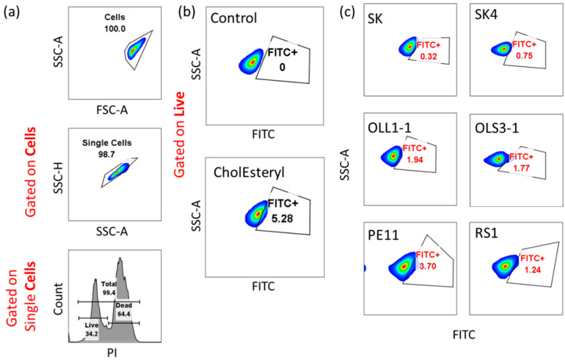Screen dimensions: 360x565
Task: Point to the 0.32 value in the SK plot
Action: [x=428, y=57]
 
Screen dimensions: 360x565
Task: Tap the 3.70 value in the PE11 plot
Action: [x=427, y=265]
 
